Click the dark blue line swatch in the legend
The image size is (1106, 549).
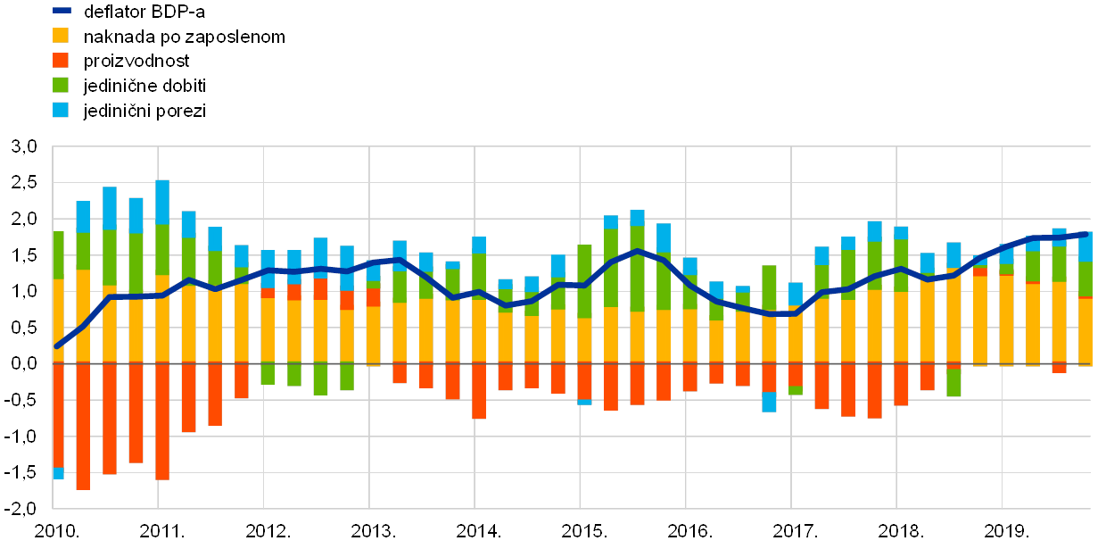pyautogui.click(x=61, y=11)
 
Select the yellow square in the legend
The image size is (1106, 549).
pyautogui.click(x=61, y=36)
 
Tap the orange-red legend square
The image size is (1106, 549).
pyautogui.click(x=61, y=61)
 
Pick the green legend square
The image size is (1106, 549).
pyautogui.click(x=61, y=86)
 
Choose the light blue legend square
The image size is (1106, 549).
pyautogui.click(x=61, y=110)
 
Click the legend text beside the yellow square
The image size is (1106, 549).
pyautogui.click(x=184, y=37)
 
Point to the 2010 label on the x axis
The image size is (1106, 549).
pyautogui.click(x=54, y=531)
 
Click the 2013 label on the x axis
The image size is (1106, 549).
pyautogui.click(x=370, y=531)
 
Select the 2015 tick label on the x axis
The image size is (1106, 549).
pyautogui.click(x=581, y=531)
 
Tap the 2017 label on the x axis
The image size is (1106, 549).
pyautogui.click(x=791, y=531)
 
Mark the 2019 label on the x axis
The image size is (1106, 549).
pyautogui.click(x=1002, y=531)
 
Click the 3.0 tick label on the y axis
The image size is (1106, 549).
pyautogui.click(x=24, y=146)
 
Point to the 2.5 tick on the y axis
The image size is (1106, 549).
pyautogui.click(x=24, y=182)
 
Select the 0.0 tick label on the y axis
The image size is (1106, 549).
pyautogui.click(x=24, y=363)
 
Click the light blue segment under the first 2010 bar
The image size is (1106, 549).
pyautogui.click(x=59, y=473)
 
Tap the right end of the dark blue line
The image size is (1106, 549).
pyautogui.click(x=1085, y=234)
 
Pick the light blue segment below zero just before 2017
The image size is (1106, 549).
pyautogui.click(x=769, y=402)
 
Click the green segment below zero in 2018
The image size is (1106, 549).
pyautogui.click(x=953, y=383)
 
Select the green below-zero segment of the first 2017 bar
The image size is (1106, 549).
pyautogui.click(x=796, y=390)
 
